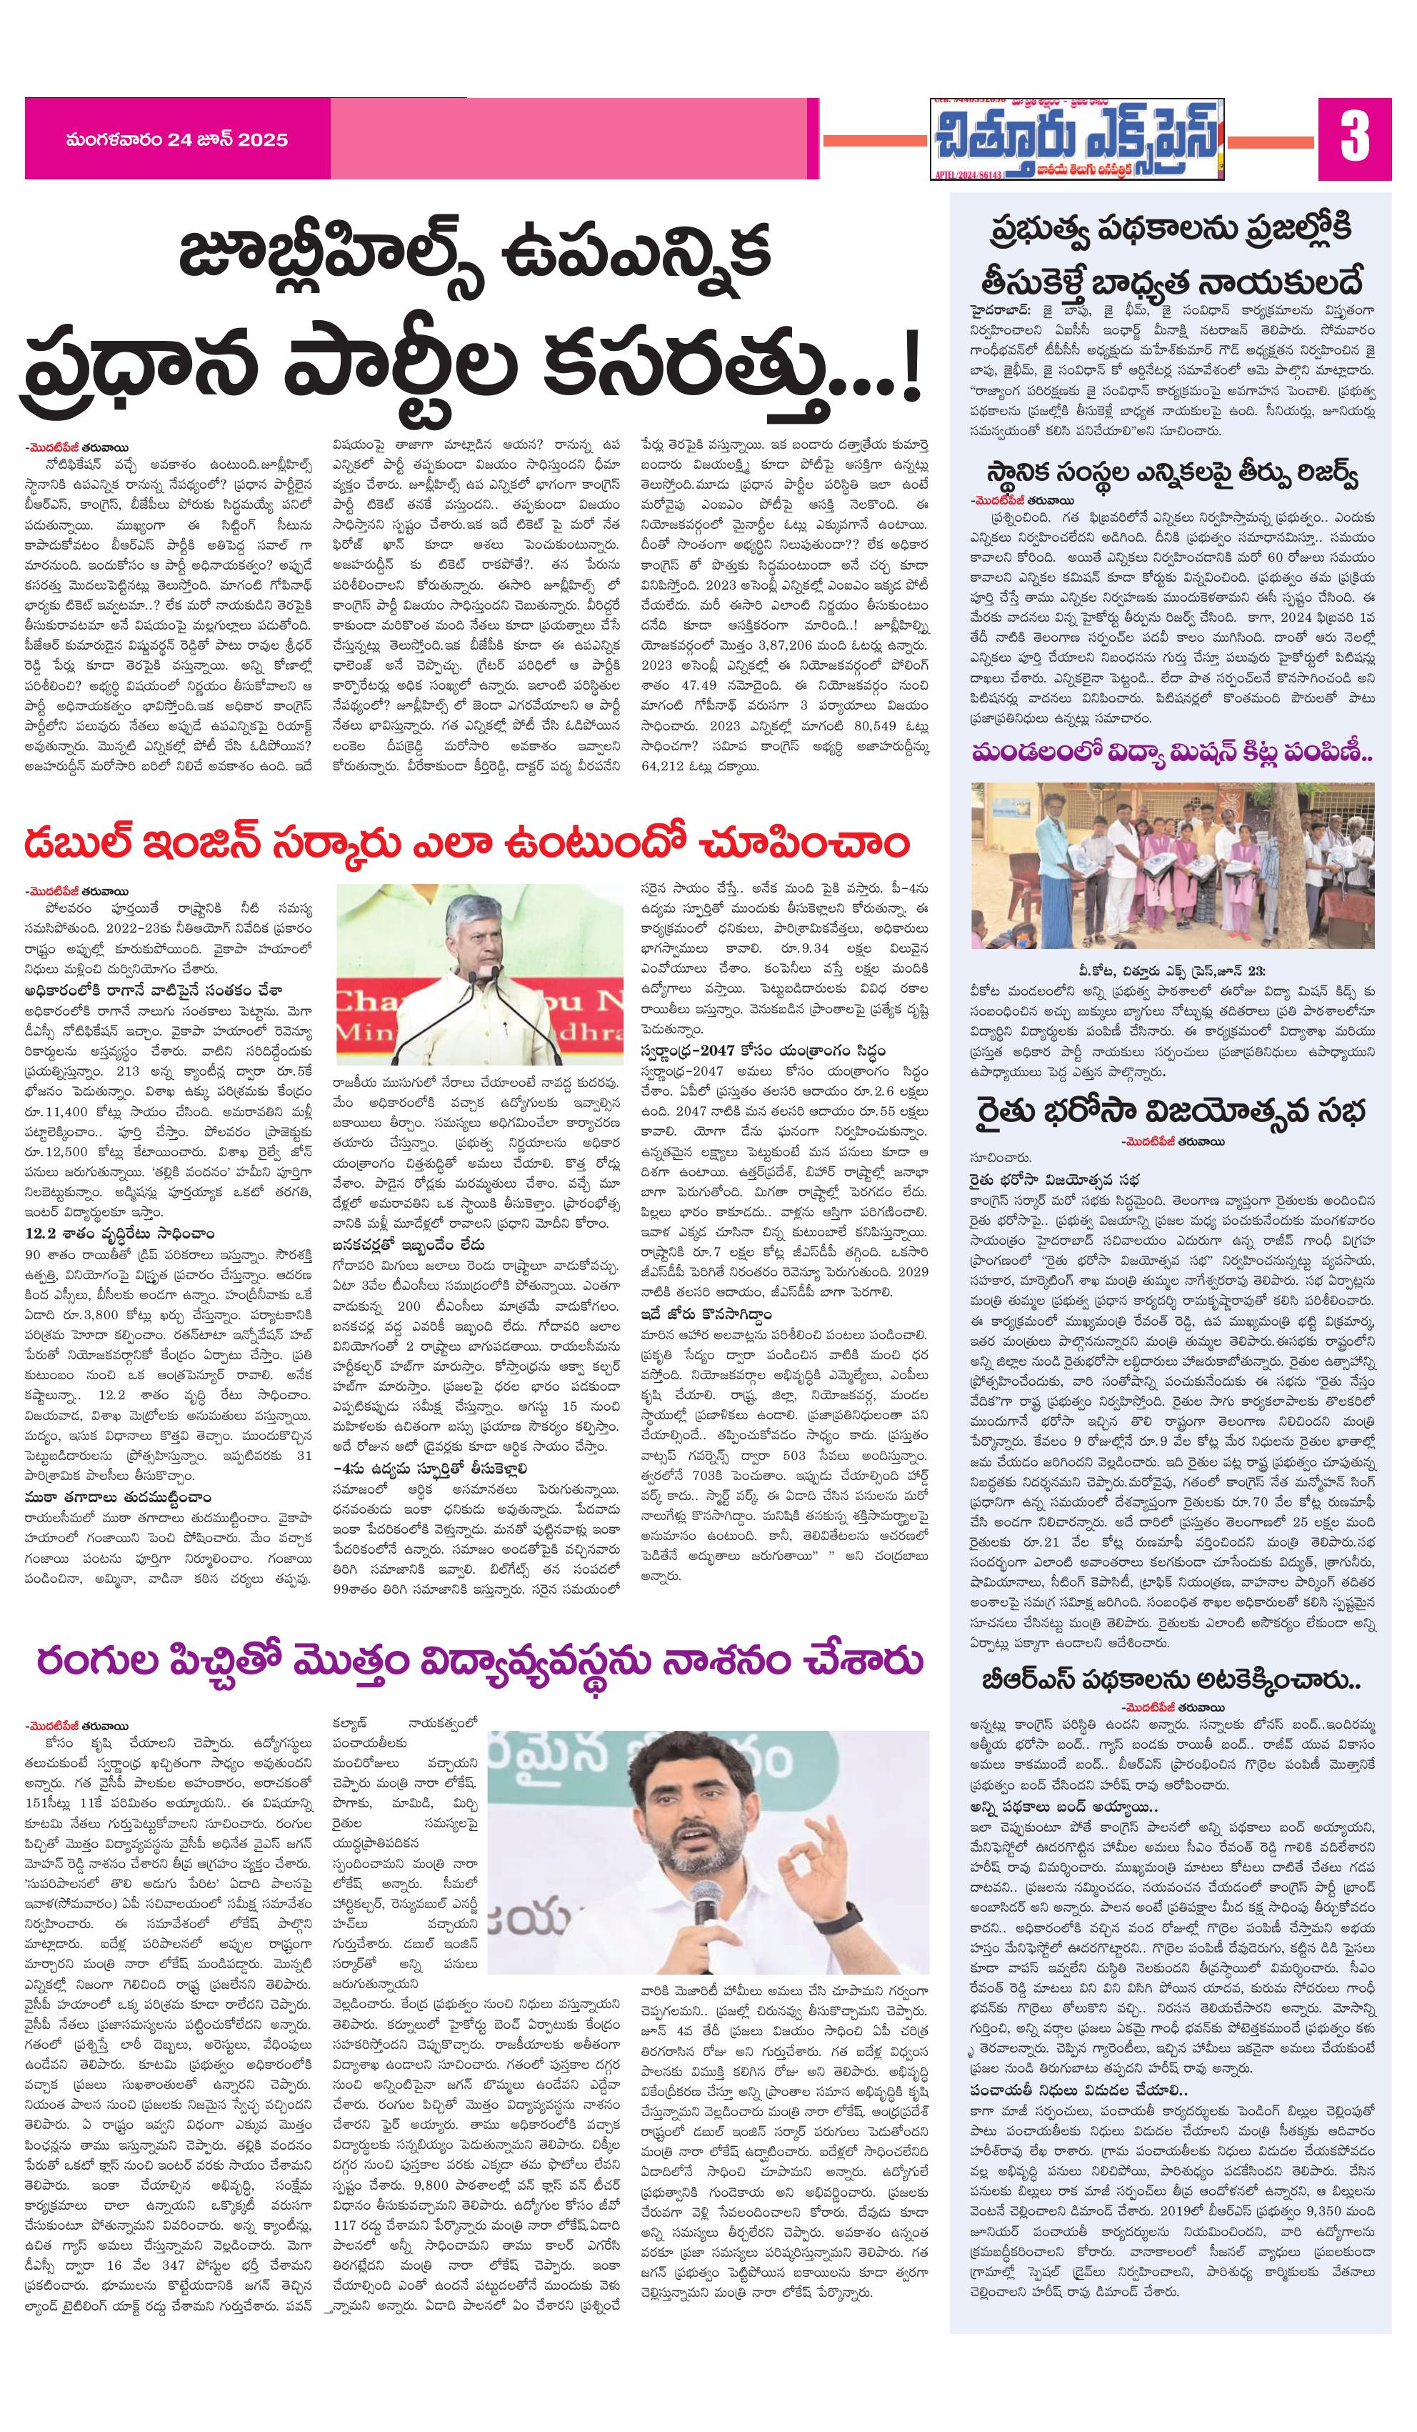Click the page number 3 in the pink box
[x=1353, y=137]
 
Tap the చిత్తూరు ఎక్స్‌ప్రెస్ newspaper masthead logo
[x=1076, y=139]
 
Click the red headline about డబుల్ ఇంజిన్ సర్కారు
[x=467, y=843]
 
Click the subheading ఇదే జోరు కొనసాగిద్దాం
[x=709, y=1314]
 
